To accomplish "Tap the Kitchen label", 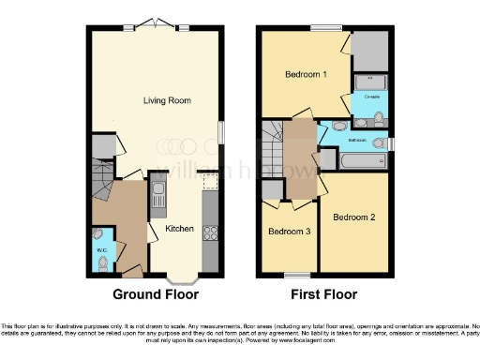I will click(180, 228).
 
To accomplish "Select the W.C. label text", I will click(100, 250).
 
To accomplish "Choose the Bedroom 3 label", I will click(288, 232).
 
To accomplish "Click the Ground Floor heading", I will click(157, 294).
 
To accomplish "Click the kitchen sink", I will click(159, 196).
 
